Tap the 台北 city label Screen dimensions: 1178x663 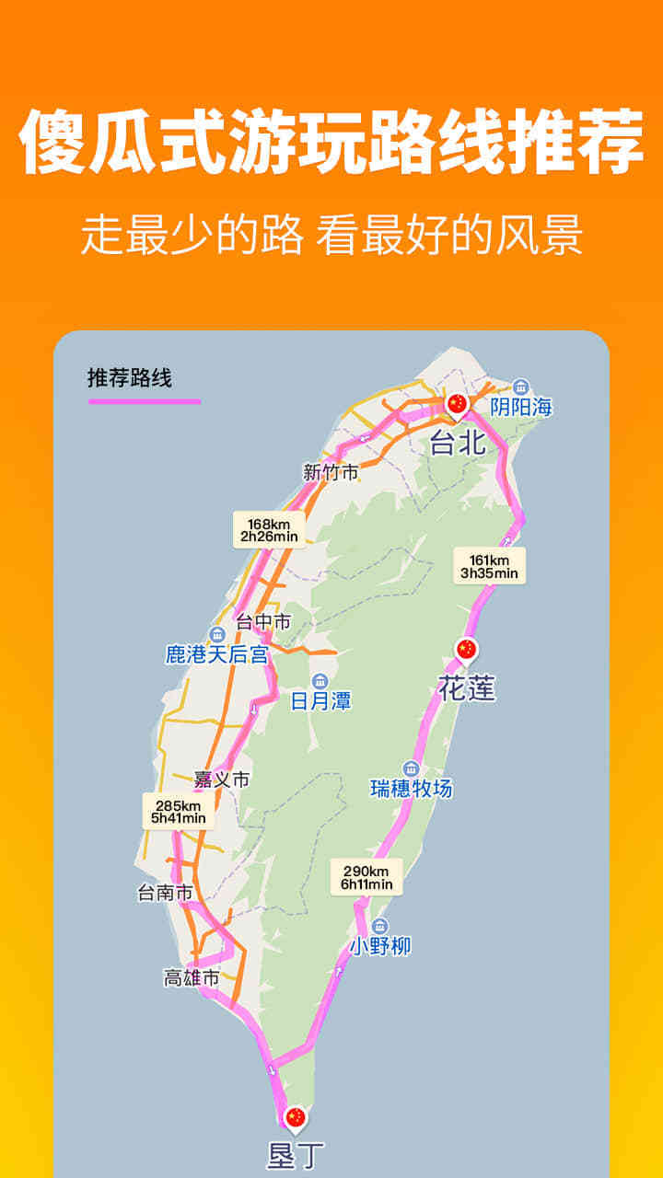pyautogui.click(x=458, y=444)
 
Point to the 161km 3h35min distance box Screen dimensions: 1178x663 pyautogui.click(x=489, y=567)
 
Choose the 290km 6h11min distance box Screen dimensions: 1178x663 pyautogui.click(x=366, y=878)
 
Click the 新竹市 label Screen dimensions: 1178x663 pyautogui.click(x=331, y=473)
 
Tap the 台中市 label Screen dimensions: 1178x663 pyautogui.click(x=263, y=622)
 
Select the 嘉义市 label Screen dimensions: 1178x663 pyautogui.click(x=222, y=780)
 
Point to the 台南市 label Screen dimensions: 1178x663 pyautogui.click(x=165, y=893)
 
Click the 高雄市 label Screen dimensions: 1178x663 pyautogui.click(x=192, y=978)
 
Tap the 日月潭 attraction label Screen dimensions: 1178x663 pyautogui.click(x=320, y=701)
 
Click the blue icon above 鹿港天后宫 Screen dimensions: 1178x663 pyautogui.click(x=217, y=634)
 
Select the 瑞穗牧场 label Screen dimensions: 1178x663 pyautogui.click(x=412, y=789)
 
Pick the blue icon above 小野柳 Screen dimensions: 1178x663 pyautogui.click(x=380, y=926)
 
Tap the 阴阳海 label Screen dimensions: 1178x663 pyautogui.click(x=521, y=407)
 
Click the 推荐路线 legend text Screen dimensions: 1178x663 pyautogui.click(x=130, y=377)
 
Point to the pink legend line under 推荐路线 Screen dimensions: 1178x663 pyautogui.click(x=144, y=401)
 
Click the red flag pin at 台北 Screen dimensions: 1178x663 pyautogui.click(x=457, y=404)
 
